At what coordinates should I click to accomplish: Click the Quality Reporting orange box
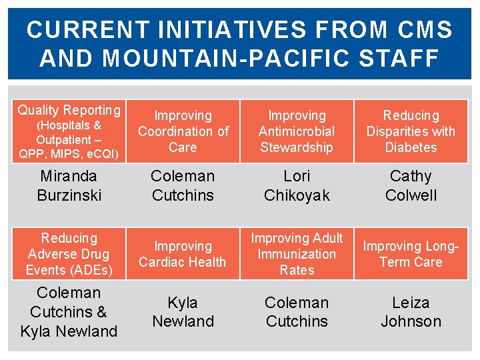click(x=69, y=131)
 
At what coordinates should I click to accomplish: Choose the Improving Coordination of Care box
click(x=183, y=131)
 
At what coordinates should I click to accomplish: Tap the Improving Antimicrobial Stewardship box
click(x=297, y=131)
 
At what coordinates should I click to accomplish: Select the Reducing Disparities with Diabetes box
click(x=411, y=131)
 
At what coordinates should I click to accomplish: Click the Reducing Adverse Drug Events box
click(x=69, y=254)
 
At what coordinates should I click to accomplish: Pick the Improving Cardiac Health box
click(x=183, y=254)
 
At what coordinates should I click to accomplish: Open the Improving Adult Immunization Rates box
click(x=297, y=254)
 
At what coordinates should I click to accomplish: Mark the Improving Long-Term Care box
click(x=411, y=254)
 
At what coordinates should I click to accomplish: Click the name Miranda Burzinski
click(x=69, y=185)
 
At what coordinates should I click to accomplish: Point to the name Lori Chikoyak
click(x=297, y=185)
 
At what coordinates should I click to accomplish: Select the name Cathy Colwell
click(x=411, y=185)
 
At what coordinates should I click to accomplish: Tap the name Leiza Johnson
click(x=411, y=312)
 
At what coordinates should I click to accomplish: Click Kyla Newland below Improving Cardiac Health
click(x=183, y=312)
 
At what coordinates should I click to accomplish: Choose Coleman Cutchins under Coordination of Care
click(x=183, y=185)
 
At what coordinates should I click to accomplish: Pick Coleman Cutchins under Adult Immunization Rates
click(x=297, y=312)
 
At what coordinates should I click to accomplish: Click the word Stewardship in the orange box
click(x=297, y=147)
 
